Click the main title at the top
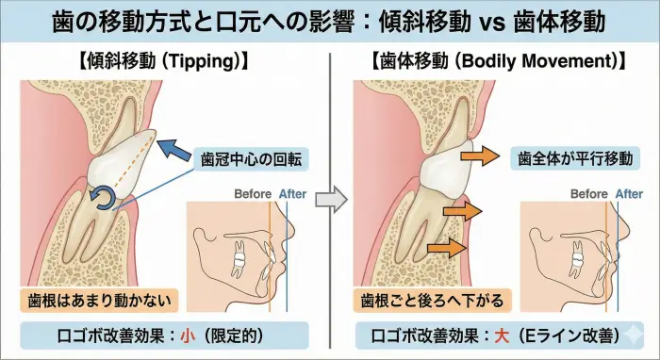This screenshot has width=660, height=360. click(330, 21)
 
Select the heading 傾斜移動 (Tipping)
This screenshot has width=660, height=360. click(165, 64)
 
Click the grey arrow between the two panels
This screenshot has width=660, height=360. click(329, 200)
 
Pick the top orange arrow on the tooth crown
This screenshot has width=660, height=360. click(482, 156)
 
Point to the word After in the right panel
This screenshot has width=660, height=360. click(628, 194)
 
